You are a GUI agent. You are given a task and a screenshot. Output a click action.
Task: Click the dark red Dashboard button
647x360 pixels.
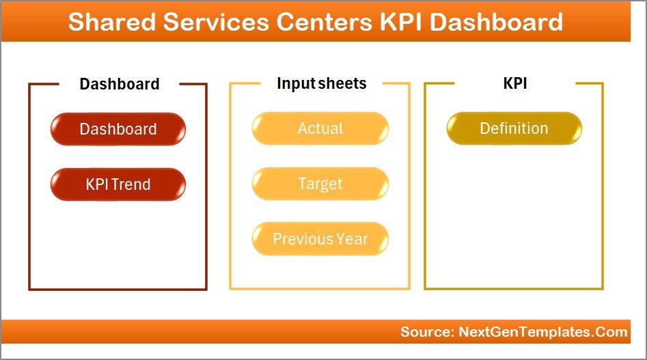click(118, 129)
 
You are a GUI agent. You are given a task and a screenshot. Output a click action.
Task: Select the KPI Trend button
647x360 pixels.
click(118, 184)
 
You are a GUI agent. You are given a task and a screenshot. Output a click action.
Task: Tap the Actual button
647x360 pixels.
click(320, 128)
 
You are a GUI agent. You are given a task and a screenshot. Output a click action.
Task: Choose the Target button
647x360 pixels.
click(320, 184)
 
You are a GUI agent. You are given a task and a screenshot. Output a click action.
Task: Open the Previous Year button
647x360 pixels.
click(320, 239)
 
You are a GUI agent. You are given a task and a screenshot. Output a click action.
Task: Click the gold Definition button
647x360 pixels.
click(514, 128)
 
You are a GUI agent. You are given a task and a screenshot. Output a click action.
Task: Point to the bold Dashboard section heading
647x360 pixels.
click(119, 84)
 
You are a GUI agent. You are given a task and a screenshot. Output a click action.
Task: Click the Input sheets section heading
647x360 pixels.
click(321, 83)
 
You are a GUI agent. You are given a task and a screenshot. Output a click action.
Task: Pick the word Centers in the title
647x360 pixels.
click(325, 22)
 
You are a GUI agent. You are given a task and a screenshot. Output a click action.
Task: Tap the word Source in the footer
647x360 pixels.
click(424, 332)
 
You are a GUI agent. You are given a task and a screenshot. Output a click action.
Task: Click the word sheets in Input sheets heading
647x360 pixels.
click(342, 83)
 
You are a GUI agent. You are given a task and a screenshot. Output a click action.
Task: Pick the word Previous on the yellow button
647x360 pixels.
click(303, 239)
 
